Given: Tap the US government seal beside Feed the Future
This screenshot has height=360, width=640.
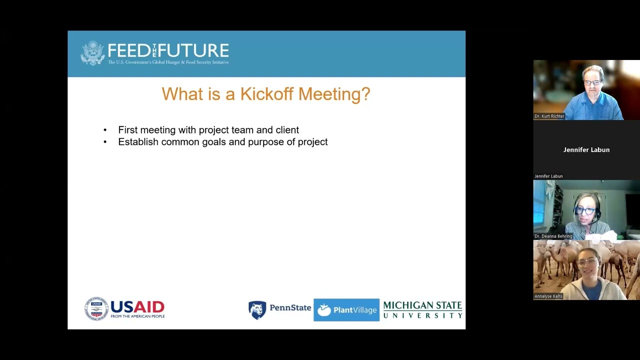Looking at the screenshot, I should [x=92, y=53].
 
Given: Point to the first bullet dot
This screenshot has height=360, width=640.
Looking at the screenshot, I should [x=105, y=130].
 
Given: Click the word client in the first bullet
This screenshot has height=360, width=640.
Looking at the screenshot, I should [x=287, y=130].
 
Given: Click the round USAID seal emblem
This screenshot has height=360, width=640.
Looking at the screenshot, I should [x=96, y=308].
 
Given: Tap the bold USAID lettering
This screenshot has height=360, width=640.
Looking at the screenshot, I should [x=137, y=306].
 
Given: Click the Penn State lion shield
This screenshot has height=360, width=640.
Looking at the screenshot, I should [x=257, y=310].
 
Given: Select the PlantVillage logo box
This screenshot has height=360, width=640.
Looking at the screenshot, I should [x=346, y=310].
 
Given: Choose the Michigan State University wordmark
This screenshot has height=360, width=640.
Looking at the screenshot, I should [x=422, y=310].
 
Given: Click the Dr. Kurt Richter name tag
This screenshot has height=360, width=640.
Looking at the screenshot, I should [x=549, y=116].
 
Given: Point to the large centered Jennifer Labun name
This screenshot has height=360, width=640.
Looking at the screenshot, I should [x=586, y=149].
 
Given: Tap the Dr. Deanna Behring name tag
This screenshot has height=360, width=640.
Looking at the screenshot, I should [x=553, y=236].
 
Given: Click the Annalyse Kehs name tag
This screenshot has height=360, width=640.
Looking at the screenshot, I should [x=548, y=296].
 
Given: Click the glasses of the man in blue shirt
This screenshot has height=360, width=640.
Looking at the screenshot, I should [x=593, y=81].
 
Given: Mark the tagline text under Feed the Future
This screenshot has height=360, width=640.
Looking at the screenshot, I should [x=168, y=62].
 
